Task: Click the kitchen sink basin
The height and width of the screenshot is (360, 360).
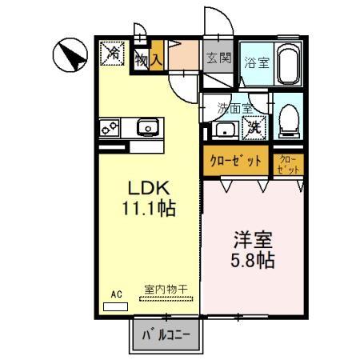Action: [148, 126]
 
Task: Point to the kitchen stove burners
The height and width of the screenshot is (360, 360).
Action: [110, 126]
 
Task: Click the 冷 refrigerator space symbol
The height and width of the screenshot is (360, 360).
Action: [114, 54]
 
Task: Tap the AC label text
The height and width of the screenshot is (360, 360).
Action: [116, 294]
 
